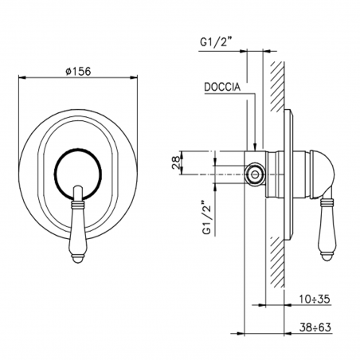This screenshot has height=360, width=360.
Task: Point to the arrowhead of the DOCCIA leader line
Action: click(255, 147)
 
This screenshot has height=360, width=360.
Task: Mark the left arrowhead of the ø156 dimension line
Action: click(19, 78)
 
